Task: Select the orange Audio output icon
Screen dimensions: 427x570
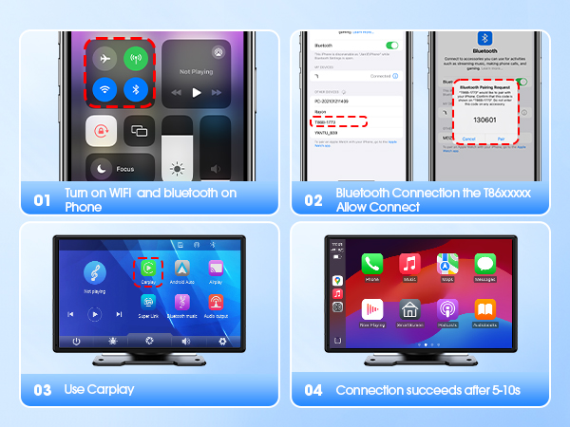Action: pyautogui.click(x=216, y=303)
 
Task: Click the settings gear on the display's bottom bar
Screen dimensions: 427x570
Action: pyautogui.click(x=223, y=341)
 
